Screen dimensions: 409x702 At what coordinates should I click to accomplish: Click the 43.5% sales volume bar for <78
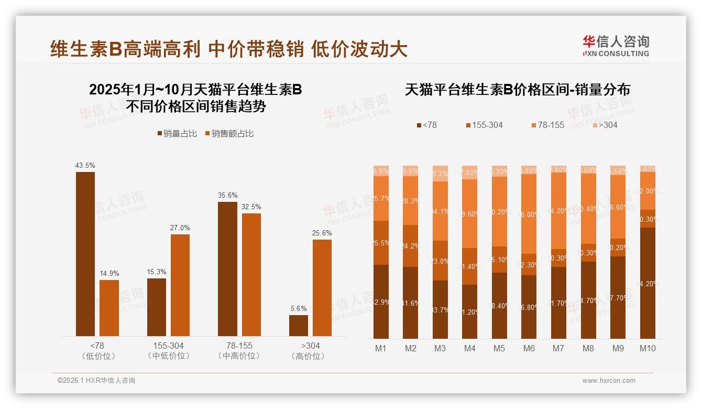point(85,254)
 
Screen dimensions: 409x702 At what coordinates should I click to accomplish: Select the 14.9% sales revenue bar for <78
point(109,308)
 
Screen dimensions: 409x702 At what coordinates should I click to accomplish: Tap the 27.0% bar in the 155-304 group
point(180,285)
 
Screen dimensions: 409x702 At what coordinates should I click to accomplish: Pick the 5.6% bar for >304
point(299,325)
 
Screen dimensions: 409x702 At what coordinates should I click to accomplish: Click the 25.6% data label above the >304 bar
point(322,233)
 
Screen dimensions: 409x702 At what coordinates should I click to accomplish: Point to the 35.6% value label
point(227,195)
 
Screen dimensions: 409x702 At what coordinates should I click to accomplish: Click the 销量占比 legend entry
point(178,134)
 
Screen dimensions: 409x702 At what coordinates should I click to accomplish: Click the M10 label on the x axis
point(648,348)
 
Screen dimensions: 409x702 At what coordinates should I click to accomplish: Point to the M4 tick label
point(470,348)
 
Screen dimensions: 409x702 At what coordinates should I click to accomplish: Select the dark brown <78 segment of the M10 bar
point(648,283)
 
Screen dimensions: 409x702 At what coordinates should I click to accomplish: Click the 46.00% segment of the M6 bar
point(529,214)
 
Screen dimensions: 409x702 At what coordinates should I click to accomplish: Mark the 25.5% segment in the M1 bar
point(381,243)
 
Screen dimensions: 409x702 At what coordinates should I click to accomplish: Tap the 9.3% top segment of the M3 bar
point(440,174)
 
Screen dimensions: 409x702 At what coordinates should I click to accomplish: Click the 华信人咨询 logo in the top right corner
point(616,46)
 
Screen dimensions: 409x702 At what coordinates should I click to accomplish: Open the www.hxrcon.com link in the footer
point(609,381)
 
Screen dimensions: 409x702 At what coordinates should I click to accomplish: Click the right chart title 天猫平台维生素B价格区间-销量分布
point(517,90)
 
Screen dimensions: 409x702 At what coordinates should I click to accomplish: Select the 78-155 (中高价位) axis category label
point(238,351)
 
